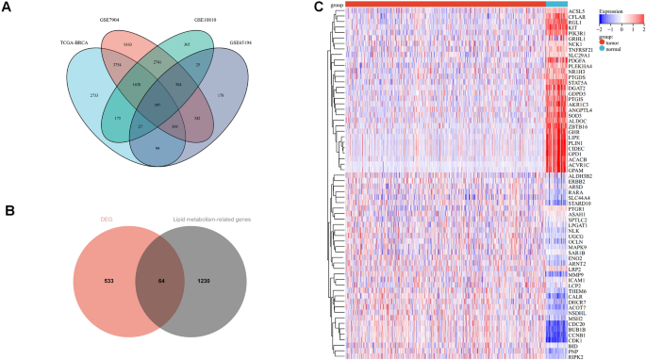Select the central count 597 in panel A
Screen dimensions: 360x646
tap(157, 104)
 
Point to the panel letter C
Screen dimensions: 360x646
tap(318, 8)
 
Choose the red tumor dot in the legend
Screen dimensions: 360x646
tap(600, 42)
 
